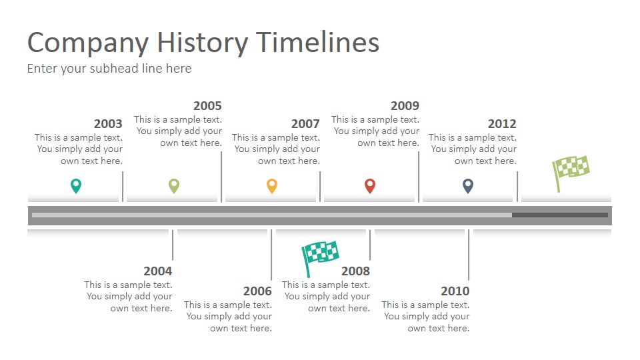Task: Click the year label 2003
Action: (108, 123)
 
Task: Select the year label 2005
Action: (207, 105)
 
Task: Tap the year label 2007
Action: (305, 123)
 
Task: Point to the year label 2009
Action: (405, 105)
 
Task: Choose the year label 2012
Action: (502, 123)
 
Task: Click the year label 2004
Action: (158, 271)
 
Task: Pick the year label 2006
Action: (257, 291)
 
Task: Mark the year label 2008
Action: (355, 271)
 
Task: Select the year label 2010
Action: (455, 291)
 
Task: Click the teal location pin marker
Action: (76, 185)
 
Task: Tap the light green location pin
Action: (174, 185)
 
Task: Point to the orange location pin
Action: (272, 185)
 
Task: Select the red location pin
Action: (370, 185)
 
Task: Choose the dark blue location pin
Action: (468, 185)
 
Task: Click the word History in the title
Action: (202, 43)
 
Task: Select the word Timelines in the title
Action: (318, 43)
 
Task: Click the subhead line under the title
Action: (109, 69)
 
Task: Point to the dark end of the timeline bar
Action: (560, 215)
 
